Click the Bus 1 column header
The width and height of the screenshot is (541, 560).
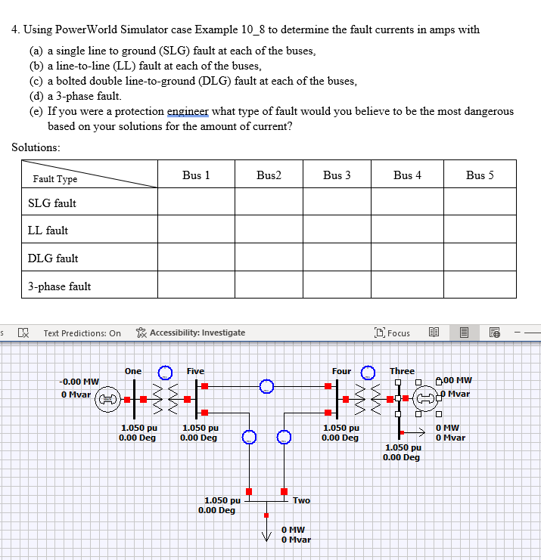[x=196, y=175]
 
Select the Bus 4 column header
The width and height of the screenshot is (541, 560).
[x=407, y=175]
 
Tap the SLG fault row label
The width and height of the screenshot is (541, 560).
[x=52, y=203]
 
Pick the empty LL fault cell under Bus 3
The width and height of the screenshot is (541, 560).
[x=337, y=230]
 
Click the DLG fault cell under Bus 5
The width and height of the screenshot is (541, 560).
[x=480, y=258]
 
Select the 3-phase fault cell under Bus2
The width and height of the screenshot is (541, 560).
[x=269, y=286]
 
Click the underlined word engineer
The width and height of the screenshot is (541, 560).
[x=187, y=111]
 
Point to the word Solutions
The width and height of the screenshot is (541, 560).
[x=36, y=146]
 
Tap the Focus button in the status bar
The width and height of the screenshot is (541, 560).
[x=393, y=333]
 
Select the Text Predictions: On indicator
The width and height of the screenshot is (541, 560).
[x=82, y=333]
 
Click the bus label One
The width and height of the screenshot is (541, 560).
[x=133, y=371]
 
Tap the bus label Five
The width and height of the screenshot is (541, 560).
[x=195, y=371]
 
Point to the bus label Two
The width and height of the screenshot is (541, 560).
[x=301, y=500]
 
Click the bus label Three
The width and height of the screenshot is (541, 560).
[x=402, y=371]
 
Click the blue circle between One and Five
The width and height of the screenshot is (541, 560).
[x=164, y=372]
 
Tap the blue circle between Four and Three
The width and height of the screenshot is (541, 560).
[x=368, y=372]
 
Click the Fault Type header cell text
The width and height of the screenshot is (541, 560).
[x=55, y=179]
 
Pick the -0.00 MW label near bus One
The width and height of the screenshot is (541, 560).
[x=79, y=382]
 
